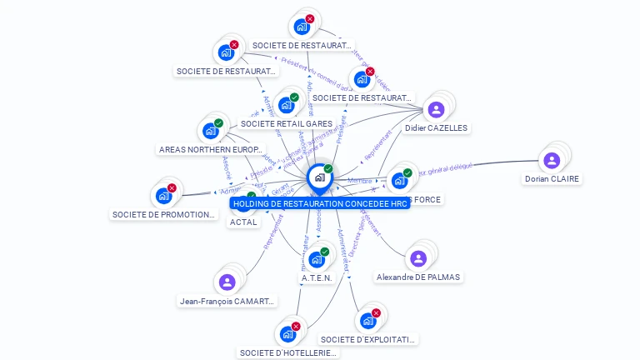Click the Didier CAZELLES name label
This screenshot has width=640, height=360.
(436, 128)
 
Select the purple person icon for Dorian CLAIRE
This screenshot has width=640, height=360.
(551, 161)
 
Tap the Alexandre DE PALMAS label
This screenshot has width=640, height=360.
(418, 277)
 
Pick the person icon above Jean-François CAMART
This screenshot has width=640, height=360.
(227, 282)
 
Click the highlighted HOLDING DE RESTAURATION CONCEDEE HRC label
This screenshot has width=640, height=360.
(320, 203)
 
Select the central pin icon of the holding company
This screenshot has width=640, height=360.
(319, 177)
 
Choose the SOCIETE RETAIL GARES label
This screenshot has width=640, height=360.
(286, 124)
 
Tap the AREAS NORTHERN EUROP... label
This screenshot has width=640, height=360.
(210, 149)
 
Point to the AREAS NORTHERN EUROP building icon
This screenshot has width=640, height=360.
(210, 131)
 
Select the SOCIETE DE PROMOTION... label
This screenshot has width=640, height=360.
(163, 214)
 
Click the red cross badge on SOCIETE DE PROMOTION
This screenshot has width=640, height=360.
(172, 188)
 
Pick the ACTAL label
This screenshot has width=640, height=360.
(242, 222)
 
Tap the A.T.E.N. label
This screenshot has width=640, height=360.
(317, 277)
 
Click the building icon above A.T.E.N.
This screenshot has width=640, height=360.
(317, 259)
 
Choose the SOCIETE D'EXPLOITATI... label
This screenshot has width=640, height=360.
(367, 339)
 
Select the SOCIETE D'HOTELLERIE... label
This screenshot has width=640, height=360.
(287, 352)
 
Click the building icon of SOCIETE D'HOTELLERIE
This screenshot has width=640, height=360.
(287, 334)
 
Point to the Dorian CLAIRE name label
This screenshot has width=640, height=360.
(551, 178)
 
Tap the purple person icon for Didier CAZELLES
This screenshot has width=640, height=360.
(436, 109)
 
